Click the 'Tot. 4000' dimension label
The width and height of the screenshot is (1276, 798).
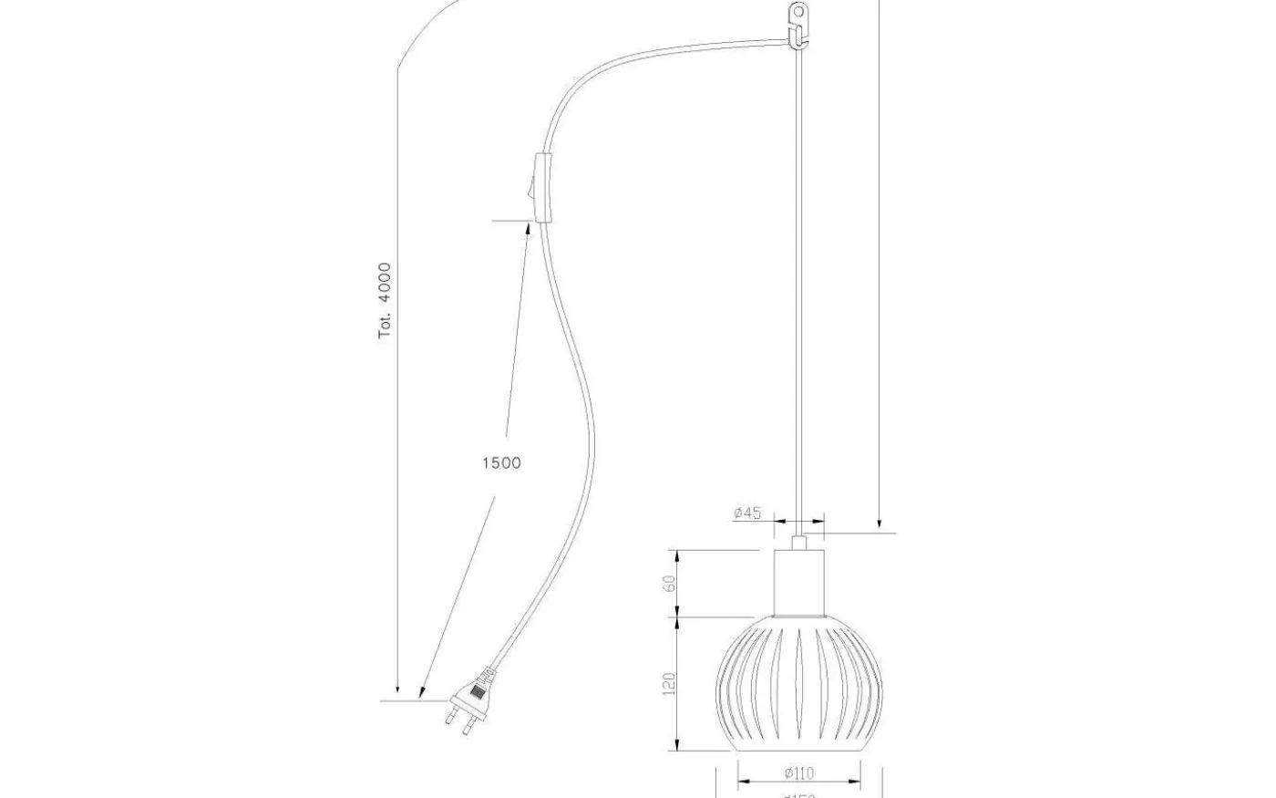tap(386, 301)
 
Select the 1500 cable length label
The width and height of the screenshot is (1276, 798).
tap(501, 463)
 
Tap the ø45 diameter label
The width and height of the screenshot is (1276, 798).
tap(747, 513)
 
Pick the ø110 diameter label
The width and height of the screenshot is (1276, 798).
tap(798, 774)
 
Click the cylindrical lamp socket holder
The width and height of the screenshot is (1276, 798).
tap(799, 584)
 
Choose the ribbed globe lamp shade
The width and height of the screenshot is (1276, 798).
tap(799, 684)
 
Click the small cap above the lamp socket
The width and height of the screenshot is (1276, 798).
tap(799, 542)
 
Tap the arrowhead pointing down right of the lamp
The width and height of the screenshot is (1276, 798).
tap(880, 522)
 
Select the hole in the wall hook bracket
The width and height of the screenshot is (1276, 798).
tap(798, 14)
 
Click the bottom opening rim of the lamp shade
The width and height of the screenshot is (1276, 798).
tap(799, 750)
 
